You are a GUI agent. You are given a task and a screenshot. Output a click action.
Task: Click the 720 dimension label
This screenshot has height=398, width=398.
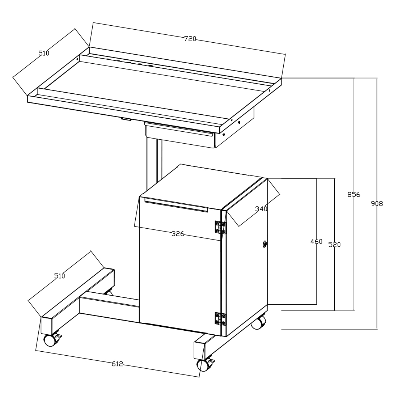point(190,39)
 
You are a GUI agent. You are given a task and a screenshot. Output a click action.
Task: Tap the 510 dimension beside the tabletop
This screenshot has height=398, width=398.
point(44,53)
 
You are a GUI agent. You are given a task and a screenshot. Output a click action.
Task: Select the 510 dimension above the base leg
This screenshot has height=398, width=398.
point(60,276)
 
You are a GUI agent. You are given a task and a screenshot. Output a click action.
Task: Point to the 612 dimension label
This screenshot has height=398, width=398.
point(117,364)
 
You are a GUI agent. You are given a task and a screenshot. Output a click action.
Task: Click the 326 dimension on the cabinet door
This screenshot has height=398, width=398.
point(178,234)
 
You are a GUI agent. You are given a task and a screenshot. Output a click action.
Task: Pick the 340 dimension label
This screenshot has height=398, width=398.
point(261,209)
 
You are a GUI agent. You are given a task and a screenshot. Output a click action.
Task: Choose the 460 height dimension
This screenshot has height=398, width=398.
point(316,241)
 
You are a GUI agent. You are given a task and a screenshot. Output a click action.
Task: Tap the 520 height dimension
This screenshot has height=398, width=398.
point(335,245)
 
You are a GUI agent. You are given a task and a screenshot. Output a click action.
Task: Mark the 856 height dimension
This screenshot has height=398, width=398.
point(354,195)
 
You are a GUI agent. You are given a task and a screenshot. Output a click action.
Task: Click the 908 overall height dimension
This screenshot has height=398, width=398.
point(377,204)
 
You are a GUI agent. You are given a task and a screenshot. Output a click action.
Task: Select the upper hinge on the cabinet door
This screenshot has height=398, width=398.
point(220,227)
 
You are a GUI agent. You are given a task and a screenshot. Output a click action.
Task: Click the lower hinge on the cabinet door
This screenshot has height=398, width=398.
point(220,319)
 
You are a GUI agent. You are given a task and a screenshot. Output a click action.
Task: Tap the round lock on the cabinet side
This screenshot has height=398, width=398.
point(265,244)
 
